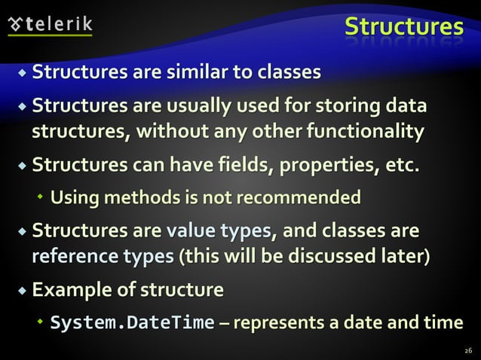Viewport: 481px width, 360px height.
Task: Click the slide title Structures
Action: coord(403,27)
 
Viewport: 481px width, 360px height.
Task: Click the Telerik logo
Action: coord(51,24)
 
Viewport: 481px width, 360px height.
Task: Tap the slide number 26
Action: coord(468,350)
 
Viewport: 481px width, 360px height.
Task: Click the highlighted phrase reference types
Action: coord(103,257)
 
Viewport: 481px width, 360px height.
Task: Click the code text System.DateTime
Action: coord(132,322)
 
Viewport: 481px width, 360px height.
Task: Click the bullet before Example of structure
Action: coord(22,290)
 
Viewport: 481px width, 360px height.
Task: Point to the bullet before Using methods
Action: coord(41,199)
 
